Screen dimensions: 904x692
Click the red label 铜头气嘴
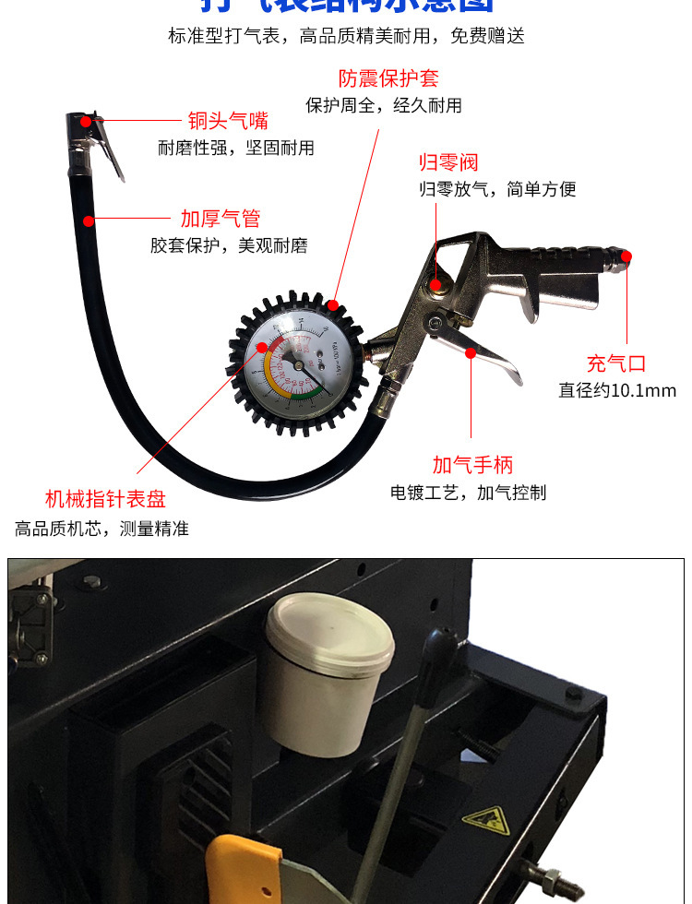coord(228,121)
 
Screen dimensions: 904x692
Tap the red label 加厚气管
coord(221,219)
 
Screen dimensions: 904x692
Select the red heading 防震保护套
coord(376,78)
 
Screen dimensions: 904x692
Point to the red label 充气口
coord(616,363)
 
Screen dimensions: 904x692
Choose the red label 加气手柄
coord(472,465)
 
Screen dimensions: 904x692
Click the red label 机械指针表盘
coord(106,500)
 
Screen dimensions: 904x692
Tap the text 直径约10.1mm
coord(617,390)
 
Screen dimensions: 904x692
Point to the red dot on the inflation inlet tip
coord(626,256)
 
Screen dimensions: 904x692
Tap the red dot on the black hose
coord(89,220)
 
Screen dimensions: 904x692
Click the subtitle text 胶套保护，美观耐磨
coord(229,245)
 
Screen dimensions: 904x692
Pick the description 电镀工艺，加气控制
coord(468,492)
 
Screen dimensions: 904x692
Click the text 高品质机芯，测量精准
coord(101,529)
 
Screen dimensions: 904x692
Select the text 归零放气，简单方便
coord(497,189)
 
